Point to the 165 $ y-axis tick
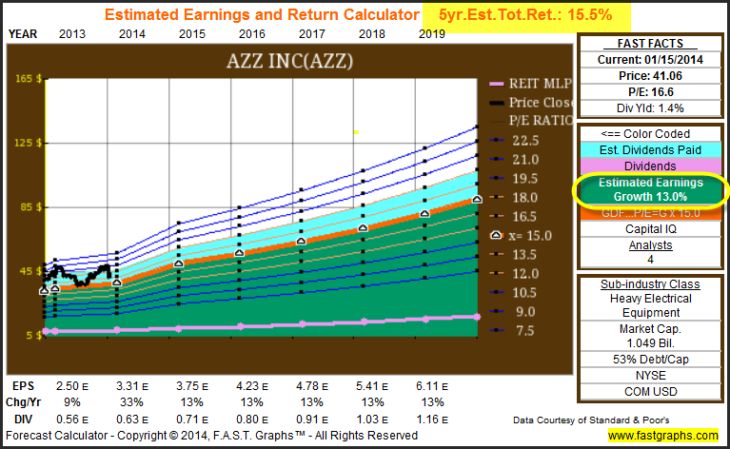click(26, 79)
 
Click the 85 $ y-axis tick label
click(26, 206)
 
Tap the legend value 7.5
click(525, 330)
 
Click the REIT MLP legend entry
click(533, 83)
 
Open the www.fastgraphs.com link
click(664, 435)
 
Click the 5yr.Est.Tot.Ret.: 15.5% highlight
click(538, 15)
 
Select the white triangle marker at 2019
click(478, 199)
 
